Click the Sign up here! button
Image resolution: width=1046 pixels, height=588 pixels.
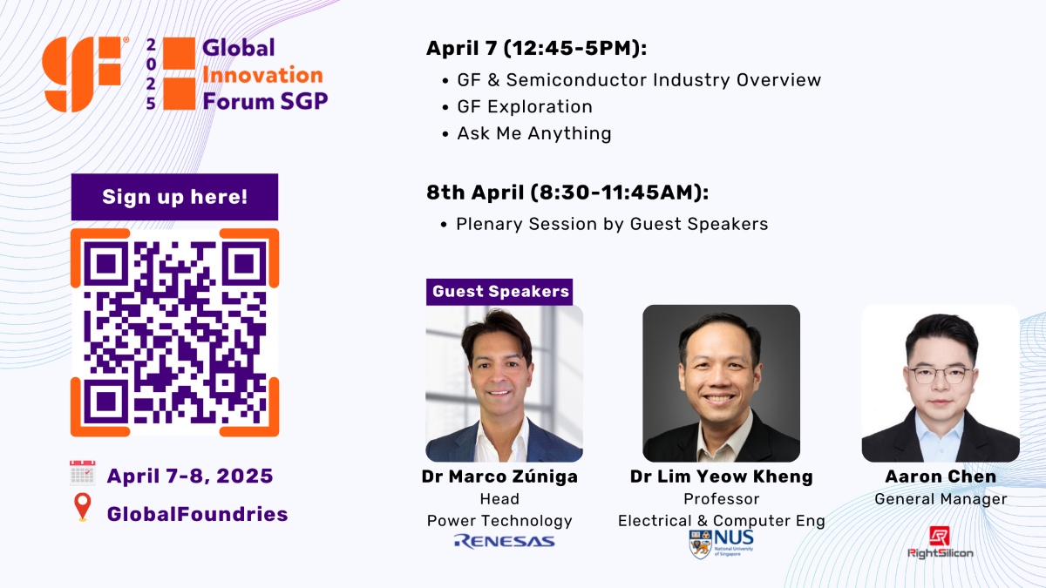coord(174,197)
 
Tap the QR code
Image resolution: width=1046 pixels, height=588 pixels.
coord(174,332)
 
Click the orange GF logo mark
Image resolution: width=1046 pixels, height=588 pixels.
coord(83,75)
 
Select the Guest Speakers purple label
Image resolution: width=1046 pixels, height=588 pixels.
coord(500,291)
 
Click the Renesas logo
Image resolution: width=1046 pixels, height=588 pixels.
coord(504,542)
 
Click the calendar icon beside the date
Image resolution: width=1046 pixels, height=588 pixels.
coord(83,474)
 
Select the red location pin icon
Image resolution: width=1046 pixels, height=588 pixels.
coord(83,507)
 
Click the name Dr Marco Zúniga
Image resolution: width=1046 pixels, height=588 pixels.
coord(499,476)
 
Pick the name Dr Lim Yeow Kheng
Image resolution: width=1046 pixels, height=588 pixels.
coord(721,476)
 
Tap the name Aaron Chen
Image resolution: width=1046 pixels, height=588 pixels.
coord(940,476)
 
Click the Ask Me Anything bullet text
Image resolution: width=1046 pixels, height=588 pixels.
coord(533,133)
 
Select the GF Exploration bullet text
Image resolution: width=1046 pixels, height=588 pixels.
coord(524,107)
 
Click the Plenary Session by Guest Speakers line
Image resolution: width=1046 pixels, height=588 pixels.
coord(612,224)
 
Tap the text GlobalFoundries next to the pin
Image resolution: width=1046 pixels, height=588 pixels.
coord(197,514)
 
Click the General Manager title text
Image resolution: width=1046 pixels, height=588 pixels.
coord(941,499)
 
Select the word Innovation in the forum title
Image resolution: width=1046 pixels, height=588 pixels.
coord(262,75)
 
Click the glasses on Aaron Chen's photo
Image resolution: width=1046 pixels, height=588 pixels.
coord(940,375)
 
